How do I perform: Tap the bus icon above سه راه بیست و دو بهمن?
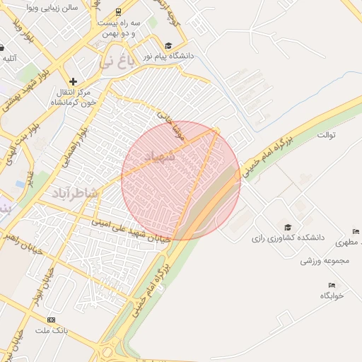117,12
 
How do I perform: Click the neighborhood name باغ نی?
115,62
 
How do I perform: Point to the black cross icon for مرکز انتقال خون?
73,82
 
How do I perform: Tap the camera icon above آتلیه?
2,48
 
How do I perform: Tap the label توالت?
327,134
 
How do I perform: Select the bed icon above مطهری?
355,231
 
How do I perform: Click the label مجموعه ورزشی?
325,261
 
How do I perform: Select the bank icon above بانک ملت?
50,320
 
